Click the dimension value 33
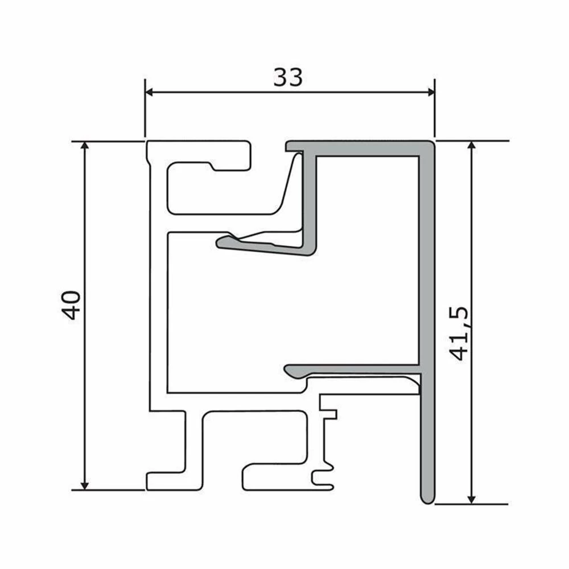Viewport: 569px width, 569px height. pyautogui.click(x=288, y=77)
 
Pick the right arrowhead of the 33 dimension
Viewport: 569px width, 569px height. pyautogui.click(x=430, y=92)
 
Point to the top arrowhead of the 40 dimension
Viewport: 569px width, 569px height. pyautogui.click(x=85, y=146)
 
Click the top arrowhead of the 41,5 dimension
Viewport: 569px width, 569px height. pyautogui.click(x=471, y=146)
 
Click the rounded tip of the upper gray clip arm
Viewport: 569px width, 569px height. pyautogui.click(x=222, y=243)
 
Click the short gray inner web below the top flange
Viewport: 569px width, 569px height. pyautogui.click(x=309, y=199)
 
